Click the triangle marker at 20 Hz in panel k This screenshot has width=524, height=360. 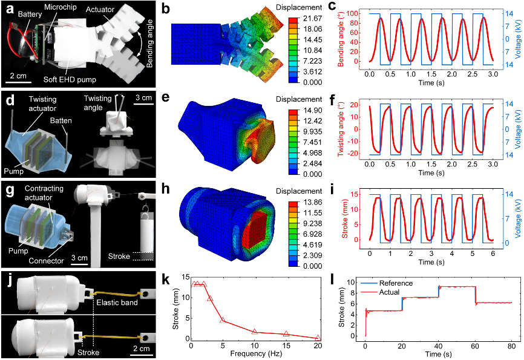318,338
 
